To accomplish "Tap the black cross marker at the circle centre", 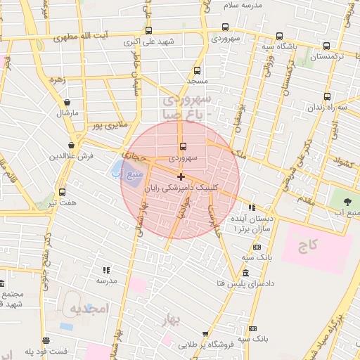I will [x=181, y=176].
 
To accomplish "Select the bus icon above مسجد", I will [x=197, y=70].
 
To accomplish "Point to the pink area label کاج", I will [x=307, y=245].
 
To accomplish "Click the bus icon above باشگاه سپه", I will [x=279, y=37].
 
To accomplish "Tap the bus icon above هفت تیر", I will [x=62, y=192].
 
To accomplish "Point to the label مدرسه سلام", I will [x=243, y=4].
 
